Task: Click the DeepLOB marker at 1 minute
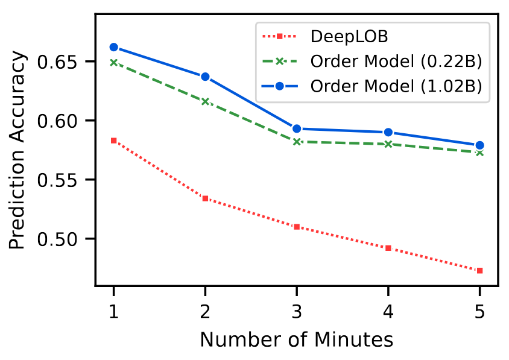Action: point(113,141)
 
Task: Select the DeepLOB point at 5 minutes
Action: point(479,270)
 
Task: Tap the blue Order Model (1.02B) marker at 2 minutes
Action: point(205,77)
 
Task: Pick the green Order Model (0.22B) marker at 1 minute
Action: point(113,62)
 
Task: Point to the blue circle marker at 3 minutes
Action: point(297,128)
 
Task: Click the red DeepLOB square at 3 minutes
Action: point(297,227)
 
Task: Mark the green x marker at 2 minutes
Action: point(205,101)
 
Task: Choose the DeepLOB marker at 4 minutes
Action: point(388,248)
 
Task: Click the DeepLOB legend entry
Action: point(349,36)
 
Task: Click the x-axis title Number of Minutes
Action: point(296,339)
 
